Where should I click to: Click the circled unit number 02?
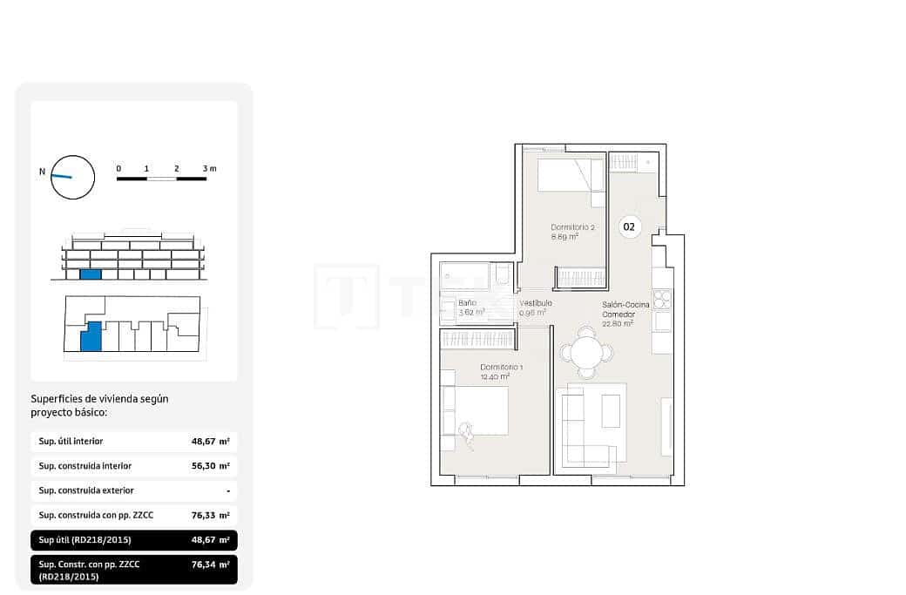click(629, 227)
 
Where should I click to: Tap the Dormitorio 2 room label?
click(572, 227)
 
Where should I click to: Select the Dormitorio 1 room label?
click(501, 368)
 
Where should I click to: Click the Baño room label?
click(467, 303)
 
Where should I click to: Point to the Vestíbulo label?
click(535, 303)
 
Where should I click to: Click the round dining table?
click(586, 353)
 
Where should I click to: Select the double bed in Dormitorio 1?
click(476, 410)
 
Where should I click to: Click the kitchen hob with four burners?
click(662, 300)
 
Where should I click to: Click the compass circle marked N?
click(72, 177)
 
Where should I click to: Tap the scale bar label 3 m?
click(209, 168)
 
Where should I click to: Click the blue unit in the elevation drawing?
click(91, 274)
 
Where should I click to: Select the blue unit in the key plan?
click(91, 336)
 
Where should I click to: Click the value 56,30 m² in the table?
click(210, 466)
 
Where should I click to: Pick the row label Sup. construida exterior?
click(86, 490)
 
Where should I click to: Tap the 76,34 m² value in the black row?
click(210, 565)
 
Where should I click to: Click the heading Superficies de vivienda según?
click(99, 398)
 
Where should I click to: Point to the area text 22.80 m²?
click(617, 323)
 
